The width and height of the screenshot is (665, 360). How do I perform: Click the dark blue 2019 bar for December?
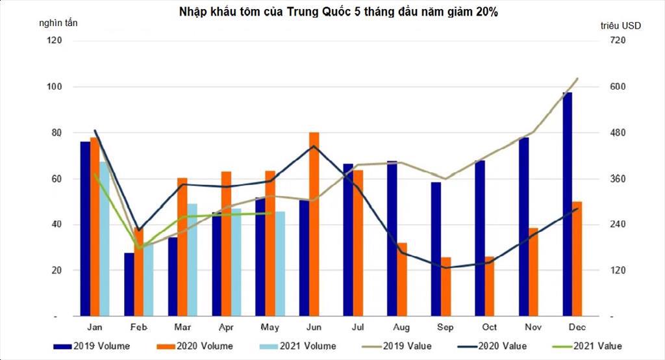pyautogui.click(x=567, y=204)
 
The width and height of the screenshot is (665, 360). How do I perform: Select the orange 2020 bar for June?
pyautogui.click(x=314, y=224)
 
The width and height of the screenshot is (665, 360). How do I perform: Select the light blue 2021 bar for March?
pyautogui.click(x=192, y=260)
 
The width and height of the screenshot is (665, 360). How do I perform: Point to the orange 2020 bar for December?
pyautogui.click(x=577, y=259)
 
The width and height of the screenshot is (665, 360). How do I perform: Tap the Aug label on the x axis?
pyautogui.click(x=401, y=328)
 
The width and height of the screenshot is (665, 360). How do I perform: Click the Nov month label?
pyautogui.click(x=533, y=328)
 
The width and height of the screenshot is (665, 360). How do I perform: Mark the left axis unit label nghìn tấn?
pyautogui.click(x=58, y=23)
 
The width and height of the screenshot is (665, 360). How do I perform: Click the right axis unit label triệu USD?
pyautogui.click(x=621, y=26)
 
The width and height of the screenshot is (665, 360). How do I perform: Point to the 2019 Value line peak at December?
pyautogui.click(x=577, y=79)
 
